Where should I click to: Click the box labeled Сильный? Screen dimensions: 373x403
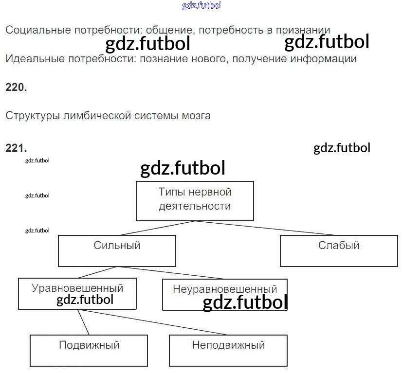(x=117, y=251)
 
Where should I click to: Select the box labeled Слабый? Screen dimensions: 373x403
(x=339, y=251)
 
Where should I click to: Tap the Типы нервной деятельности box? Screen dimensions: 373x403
(x=195, y=200)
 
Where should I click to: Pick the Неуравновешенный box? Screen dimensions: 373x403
(x=224, y=294)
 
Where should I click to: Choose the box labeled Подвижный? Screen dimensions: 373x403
(x=89, y=350)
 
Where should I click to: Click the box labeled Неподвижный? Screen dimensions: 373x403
(x=228, y=350)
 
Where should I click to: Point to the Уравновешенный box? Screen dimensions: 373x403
(x=77, y=293)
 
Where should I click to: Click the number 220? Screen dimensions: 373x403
(x=16, y=88)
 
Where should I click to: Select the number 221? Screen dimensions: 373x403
(x=16, y=148)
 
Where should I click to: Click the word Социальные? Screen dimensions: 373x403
(x=38, y=30)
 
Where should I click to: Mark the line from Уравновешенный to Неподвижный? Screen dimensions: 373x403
(x=156, y=322)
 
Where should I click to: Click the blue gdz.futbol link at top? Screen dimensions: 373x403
(x=201, y=6)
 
